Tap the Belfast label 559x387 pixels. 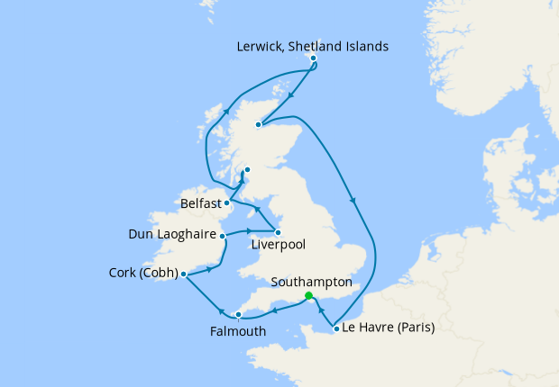[201, 204]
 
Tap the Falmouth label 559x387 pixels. [239, 330]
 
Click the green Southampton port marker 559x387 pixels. [308, 296]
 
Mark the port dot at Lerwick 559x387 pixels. [313, 58]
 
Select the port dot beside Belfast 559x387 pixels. [226, 203]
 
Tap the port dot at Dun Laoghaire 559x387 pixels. [222, 236]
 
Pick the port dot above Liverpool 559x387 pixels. [278, 232]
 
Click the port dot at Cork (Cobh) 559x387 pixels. [183, 274]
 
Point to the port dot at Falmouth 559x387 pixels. [238, 315]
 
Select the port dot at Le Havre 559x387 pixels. [336, 328]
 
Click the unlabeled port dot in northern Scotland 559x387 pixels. [259, 125]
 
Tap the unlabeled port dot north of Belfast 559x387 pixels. [247, 169]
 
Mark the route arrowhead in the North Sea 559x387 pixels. [353, 201]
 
